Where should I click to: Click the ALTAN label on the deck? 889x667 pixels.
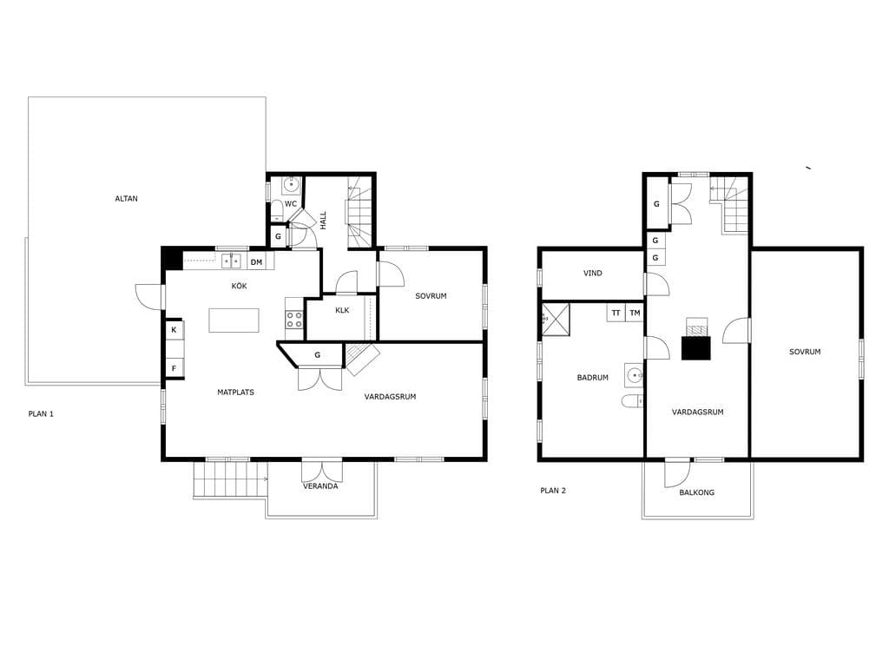pos(127,199)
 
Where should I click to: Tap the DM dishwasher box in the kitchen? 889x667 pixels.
pos(257,262)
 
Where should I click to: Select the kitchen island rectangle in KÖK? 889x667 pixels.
pos(234,320)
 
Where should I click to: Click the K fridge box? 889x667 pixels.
pos(174,329)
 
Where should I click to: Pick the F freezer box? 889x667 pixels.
pos(174,368)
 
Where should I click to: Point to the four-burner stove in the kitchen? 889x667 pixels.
pos(294,319)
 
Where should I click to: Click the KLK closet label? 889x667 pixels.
pos(342,310)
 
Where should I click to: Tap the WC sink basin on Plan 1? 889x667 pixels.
pos(292,185)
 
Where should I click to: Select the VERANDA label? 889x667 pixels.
pos(320,486)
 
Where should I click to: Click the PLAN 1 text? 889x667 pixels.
pos(41,414)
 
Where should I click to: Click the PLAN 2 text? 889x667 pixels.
pos(553,491)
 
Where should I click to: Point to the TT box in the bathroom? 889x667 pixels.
pos(616,313)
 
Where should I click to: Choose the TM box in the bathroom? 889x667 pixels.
pos(635,313)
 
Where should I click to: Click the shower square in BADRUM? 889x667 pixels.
pos(556,320)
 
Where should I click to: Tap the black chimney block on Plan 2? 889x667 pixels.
pos(695,347)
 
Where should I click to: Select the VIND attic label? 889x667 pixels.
pos(593,274)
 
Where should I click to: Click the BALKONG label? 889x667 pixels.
pos(697,492)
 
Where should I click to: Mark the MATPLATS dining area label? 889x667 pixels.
pos(236,392)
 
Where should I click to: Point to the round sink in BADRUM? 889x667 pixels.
pos(635,375)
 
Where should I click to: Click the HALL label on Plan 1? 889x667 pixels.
pos(324,221)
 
